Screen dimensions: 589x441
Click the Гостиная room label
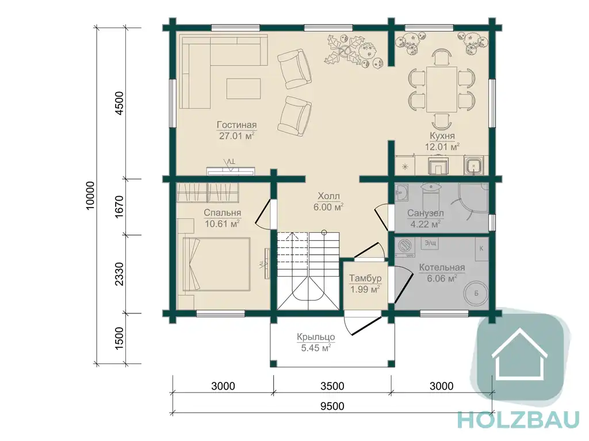point(236,125)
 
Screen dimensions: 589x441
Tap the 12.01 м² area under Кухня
point(442,147)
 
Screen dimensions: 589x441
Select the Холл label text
point(328,196)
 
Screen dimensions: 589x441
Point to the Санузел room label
point(426,213)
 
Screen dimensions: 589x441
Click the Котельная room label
point(442,267)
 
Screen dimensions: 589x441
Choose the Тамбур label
point(365,278)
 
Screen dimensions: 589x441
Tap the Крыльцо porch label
point(316,337)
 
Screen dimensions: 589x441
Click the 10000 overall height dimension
point(90,195)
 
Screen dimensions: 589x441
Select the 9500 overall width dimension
point(333,406)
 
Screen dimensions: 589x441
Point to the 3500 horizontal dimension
point(333,386)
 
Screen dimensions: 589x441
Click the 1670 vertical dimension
point(119,207)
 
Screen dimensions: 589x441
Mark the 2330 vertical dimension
point(119,274)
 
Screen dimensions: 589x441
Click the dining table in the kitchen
point(442,89)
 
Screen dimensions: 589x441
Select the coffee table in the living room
point(243,89)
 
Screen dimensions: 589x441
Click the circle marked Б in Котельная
point(476,293)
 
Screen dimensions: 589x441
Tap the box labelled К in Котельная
point(481,248)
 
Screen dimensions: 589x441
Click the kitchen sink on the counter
point(473,165)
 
